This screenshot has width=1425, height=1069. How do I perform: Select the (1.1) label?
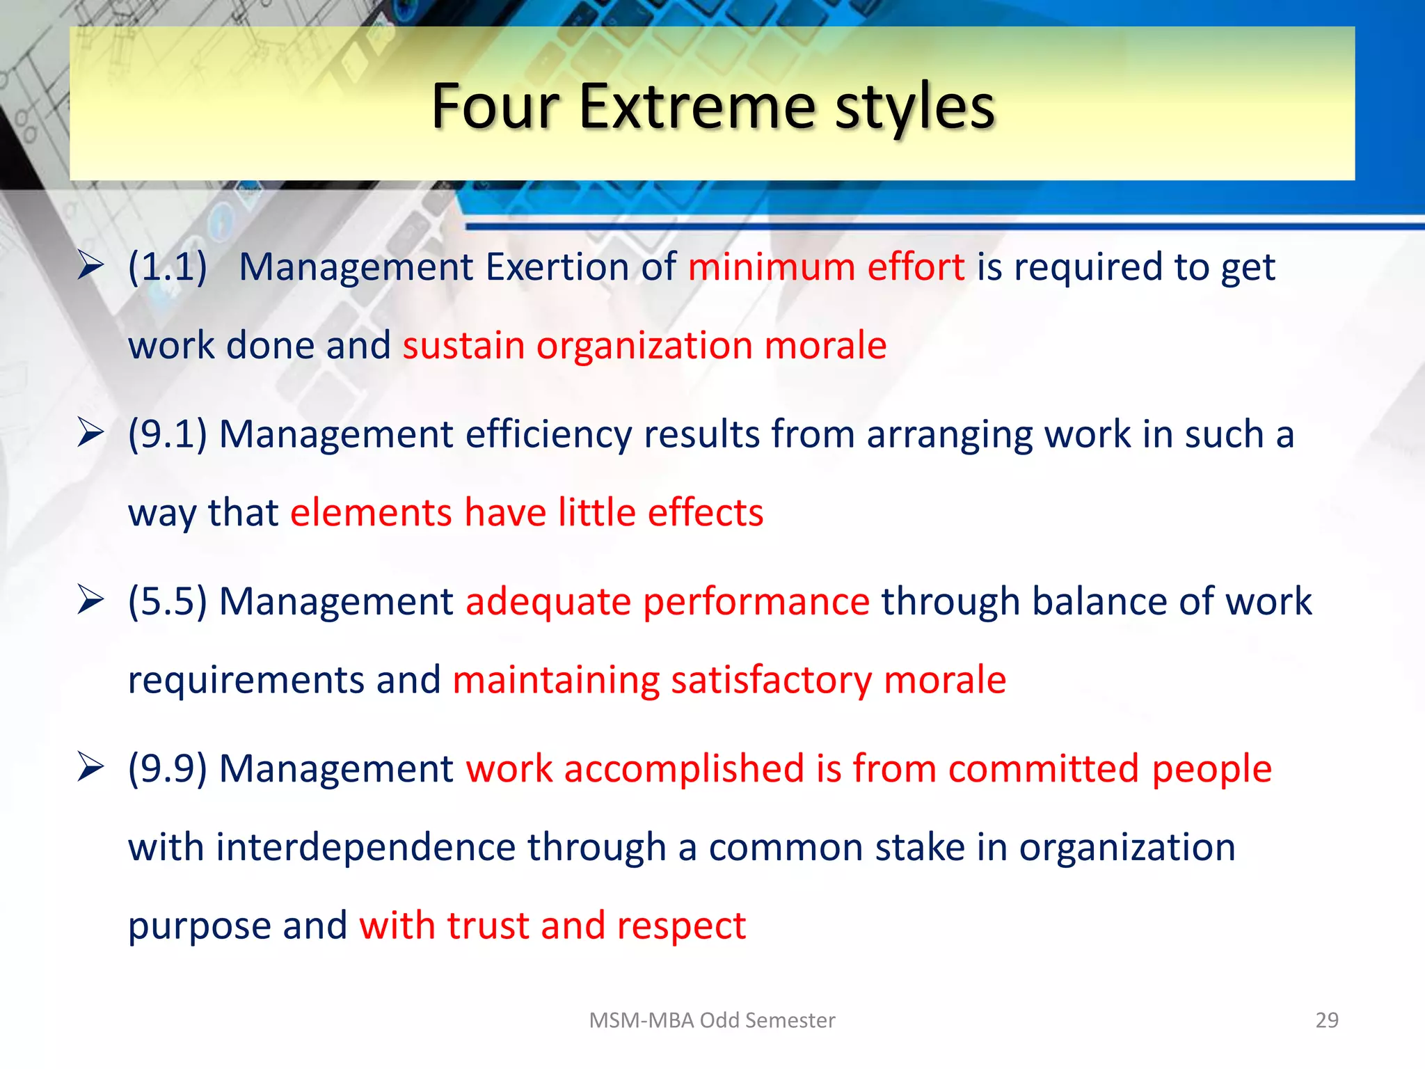coord(168,267)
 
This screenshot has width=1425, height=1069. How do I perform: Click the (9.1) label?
coord(168,434)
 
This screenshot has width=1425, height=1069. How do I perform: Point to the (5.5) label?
coord(168,601)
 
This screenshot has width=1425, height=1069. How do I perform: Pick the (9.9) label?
coord(168,769)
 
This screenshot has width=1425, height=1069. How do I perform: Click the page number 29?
coord(1327,1020)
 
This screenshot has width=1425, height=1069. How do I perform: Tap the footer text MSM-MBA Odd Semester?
coord(712,1020)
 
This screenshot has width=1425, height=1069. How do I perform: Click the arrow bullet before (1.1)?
coord(91,265)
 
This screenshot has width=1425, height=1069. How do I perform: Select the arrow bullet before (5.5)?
coord(91,600)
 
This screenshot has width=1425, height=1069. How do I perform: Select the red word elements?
coord(371,513)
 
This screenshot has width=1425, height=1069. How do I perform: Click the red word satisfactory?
coord(771,681)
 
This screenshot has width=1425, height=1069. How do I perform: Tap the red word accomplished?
coord(684,769)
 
